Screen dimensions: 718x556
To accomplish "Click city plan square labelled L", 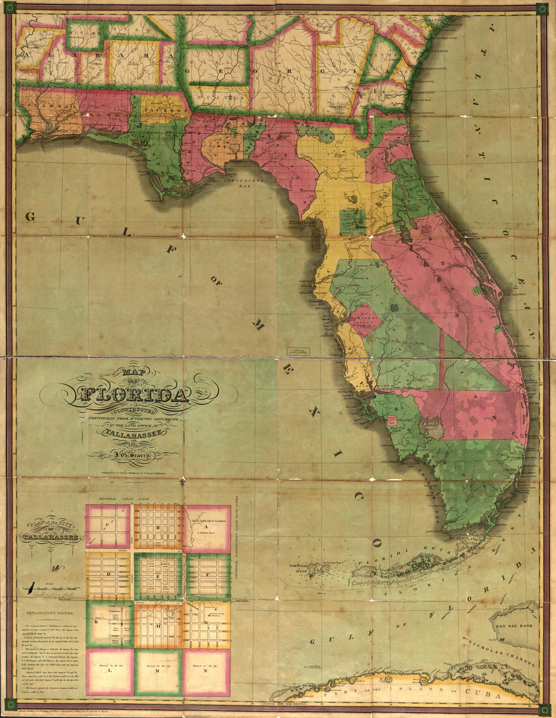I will [109, 673].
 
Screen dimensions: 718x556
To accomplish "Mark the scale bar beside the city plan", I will [51, 589].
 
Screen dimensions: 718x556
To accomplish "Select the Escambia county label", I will [48, 107].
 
